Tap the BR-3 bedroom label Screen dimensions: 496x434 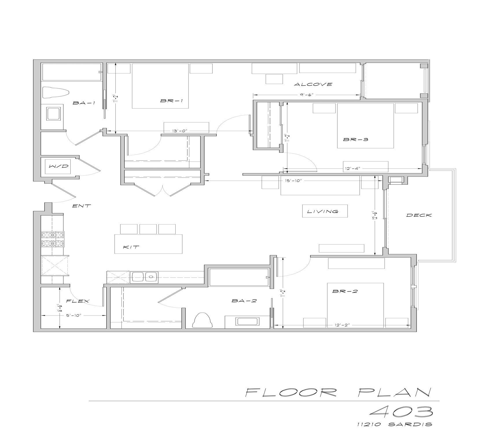coord(356,139)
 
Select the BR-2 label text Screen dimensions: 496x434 coord(345,291)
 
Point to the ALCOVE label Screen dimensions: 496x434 coord(313,84)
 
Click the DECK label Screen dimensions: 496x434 coord(419,215)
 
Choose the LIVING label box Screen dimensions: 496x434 coord(325,211)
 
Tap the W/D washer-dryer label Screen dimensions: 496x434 coord(59,166)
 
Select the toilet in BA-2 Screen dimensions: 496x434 coord(203,320)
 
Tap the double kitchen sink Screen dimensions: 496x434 coord(144,277)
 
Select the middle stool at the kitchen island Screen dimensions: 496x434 coord(148,229)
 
